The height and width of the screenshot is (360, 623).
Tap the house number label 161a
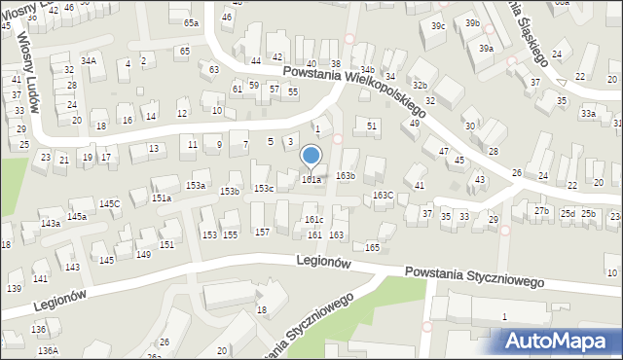click(311, 179)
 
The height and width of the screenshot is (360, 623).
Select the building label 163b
click(346, 176)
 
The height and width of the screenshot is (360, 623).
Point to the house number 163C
click(384, 196)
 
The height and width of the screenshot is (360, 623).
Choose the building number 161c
click(313, 220)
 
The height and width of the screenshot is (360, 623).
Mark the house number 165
click(372, 248)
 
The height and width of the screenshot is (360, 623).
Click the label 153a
click(197, 185)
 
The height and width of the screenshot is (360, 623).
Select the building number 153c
click(264, 188)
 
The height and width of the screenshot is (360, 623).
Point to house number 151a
click(162, 198)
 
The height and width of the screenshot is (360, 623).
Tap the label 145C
click(109, 203)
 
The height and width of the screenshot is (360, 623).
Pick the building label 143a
click(51, 224)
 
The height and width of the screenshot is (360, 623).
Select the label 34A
click(89, 60)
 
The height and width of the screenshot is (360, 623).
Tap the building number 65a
click(191, 22)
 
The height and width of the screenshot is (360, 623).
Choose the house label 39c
click(438, 25)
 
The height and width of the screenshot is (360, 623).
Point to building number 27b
click(541, 211)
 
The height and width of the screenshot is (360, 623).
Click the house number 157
click(262, 232)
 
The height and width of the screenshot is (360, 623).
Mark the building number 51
click(372, 126)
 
